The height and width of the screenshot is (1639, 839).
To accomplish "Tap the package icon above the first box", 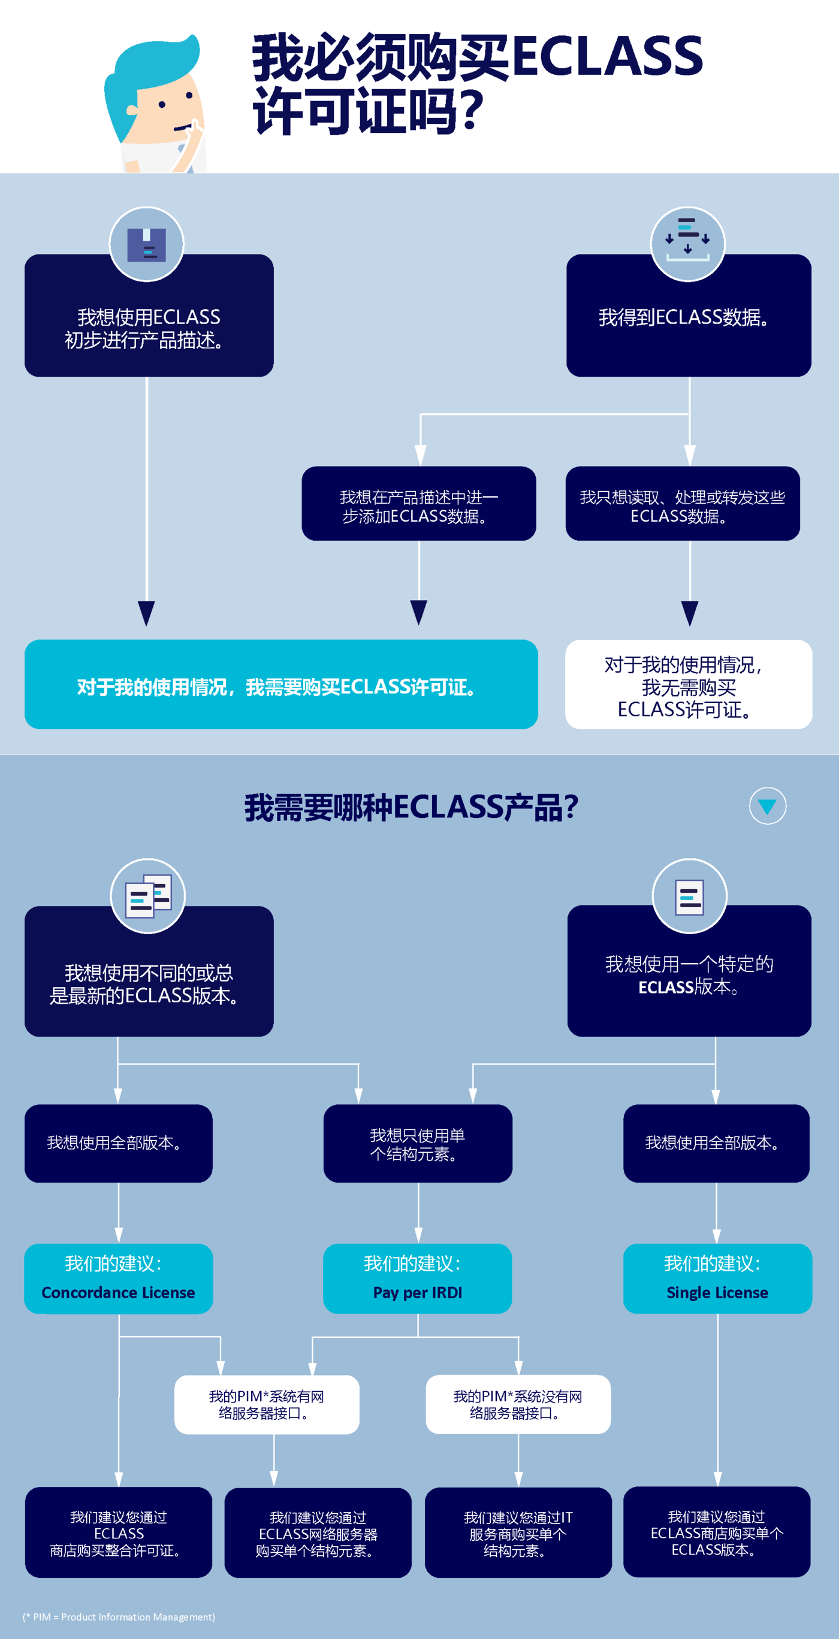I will (146, 244).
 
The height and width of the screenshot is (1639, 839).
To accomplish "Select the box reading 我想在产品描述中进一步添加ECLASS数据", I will (419, 504).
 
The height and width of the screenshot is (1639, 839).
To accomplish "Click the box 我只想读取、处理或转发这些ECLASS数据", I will (683, 504).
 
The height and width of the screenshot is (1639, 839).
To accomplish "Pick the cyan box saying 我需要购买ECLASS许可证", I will (280, 684).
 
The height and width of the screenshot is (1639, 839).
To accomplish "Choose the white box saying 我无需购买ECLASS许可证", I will (688, 684).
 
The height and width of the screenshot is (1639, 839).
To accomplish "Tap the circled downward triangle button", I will (768, 806).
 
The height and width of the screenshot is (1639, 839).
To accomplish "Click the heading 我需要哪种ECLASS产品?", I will (411, 807).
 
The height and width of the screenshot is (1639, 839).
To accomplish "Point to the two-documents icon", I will (147, 896).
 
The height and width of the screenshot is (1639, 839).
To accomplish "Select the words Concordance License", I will (119, 1292).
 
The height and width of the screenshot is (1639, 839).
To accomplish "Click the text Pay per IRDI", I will (418, 1292).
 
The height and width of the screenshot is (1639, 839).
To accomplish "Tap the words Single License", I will (717, 1292).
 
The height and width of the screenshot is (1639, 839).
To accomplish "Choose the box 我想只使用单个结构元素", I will (418, 1143).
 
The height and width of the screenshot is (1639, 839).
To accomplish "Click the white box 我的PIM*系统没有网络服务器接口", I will (518, 1404).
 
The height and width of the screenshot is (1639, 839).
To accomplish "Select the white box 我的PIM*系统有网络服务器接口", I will (267, 1404).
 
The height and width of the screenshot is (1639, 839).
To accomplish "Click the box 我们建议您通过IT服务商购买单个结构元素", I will (518, 1533).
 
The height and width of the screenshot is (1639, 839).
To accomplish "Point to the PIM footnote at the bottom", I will (119, 1617).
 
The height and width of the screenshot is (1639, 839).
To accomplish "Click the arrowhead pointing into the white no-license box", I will (690, 613).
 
